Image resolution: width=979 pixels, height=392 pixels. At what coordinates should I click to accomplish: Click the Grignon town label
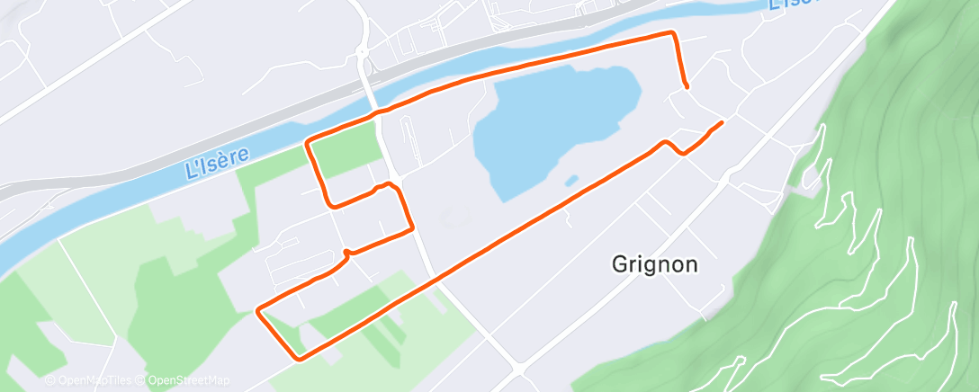coord(654,265)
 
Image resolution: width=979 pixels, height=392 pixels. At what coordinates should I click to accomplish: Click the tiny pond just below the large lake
coord(570,181)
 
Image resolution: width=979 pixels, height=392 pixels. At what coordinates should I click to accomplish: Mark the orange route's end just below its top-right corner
coord(687,86)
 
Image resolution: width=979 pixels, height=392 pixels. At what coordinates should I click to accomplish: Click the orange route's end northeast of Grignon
coord(722,121)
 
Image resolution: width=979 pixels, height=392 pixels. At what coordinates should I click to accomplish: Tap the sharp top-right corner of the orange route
coord(672,33)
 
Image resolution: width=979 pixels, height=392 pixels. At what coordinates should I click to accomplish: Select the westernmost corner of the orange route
coord(258,311)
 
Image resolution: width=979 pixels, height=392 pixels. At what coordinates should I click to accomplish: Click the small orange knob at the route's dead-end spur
coord(346,252)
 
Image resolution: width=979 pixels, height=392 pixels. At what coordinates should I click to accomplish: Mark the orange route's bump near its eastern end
coord(669,143)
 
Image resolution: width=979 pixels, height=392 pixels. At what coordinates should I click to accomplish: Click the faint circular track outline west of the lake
coord(454,217)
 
